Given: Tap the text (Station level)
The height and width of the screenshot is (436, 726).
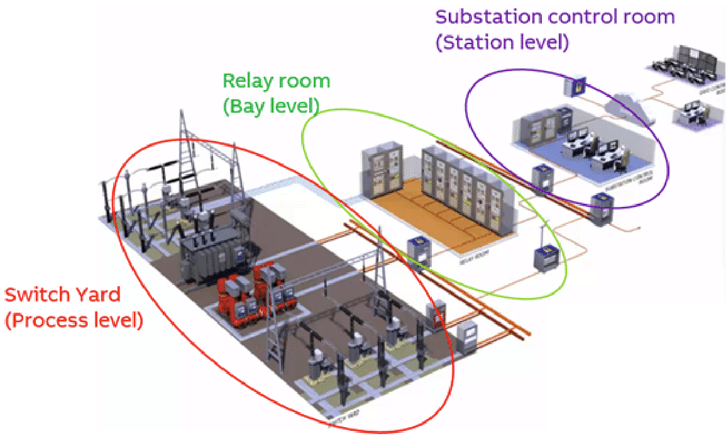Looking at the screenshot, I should pos(502,43).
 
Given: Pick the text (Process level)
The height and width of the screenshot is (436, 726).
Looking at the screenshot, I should pos(74,321).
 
